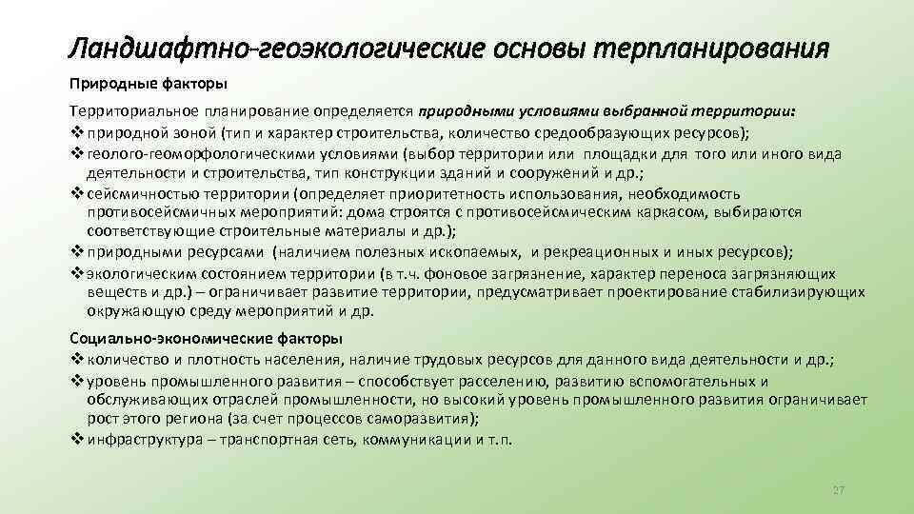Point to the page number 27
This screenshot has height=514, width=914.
coord(838,489)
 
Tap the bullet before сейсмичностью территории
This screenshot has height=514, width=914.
coord(77,192)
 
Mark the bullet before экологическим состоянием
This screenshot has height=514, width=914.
coord(77,272)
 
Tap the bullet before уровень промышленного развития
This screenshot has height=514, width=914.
coord(77,383)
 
